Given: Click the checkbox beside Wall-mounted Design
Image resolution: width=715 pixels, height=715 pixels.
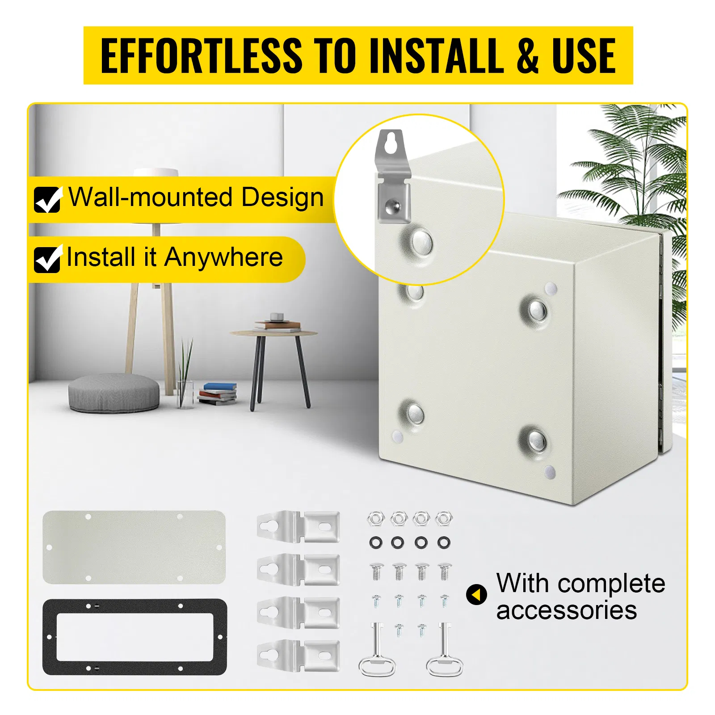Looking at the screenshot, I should pyautogui.click(x=47, y=200).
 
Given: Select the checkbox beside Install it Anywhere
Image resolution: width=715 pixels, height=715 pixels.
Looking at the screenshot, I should pyautogui.click(x=47, y=259).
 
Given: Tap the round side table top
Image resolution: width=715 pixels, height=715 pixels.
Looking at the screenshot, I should pyautogui.click(x=273, y=333).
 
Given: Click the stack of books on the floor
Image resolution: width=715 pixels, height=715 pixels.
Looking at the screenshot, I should pyautogui.click(x=218, y=394).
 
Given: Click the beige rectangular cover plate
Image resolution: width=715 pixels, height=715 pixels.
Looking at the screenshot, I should pyautogui.click(x=134, y=547).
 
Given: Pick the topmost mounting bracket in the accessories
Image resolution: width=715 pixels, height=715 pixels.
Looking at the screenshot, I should pyautogui.click(x=298, y=526).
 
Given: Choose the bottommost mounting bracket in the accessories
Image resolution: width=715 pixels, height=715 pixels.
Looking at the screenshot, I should pyautogui.click(x=298, y=655).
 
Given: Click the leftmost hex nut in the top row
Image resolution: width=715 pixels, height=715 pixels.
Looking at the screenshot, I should pyautogui.click(x=376, y=518).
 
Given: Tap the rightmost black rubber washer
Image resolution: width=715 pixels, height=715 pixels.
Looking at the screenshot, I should pyautogui.click(x=443, y=543).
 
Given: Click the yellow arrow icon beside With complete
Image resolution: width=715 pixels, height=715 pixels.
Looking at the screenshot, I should pyautogui.click(x=476, y=595).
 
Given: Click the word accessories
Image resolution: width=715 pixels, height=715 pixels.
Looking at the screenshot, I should pyautogui.click(x=566, y=610).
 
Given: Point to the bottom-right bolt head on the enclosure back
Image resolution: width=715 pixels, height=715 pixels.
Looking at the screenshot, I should pyautogui.click(x=536, y=440).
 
